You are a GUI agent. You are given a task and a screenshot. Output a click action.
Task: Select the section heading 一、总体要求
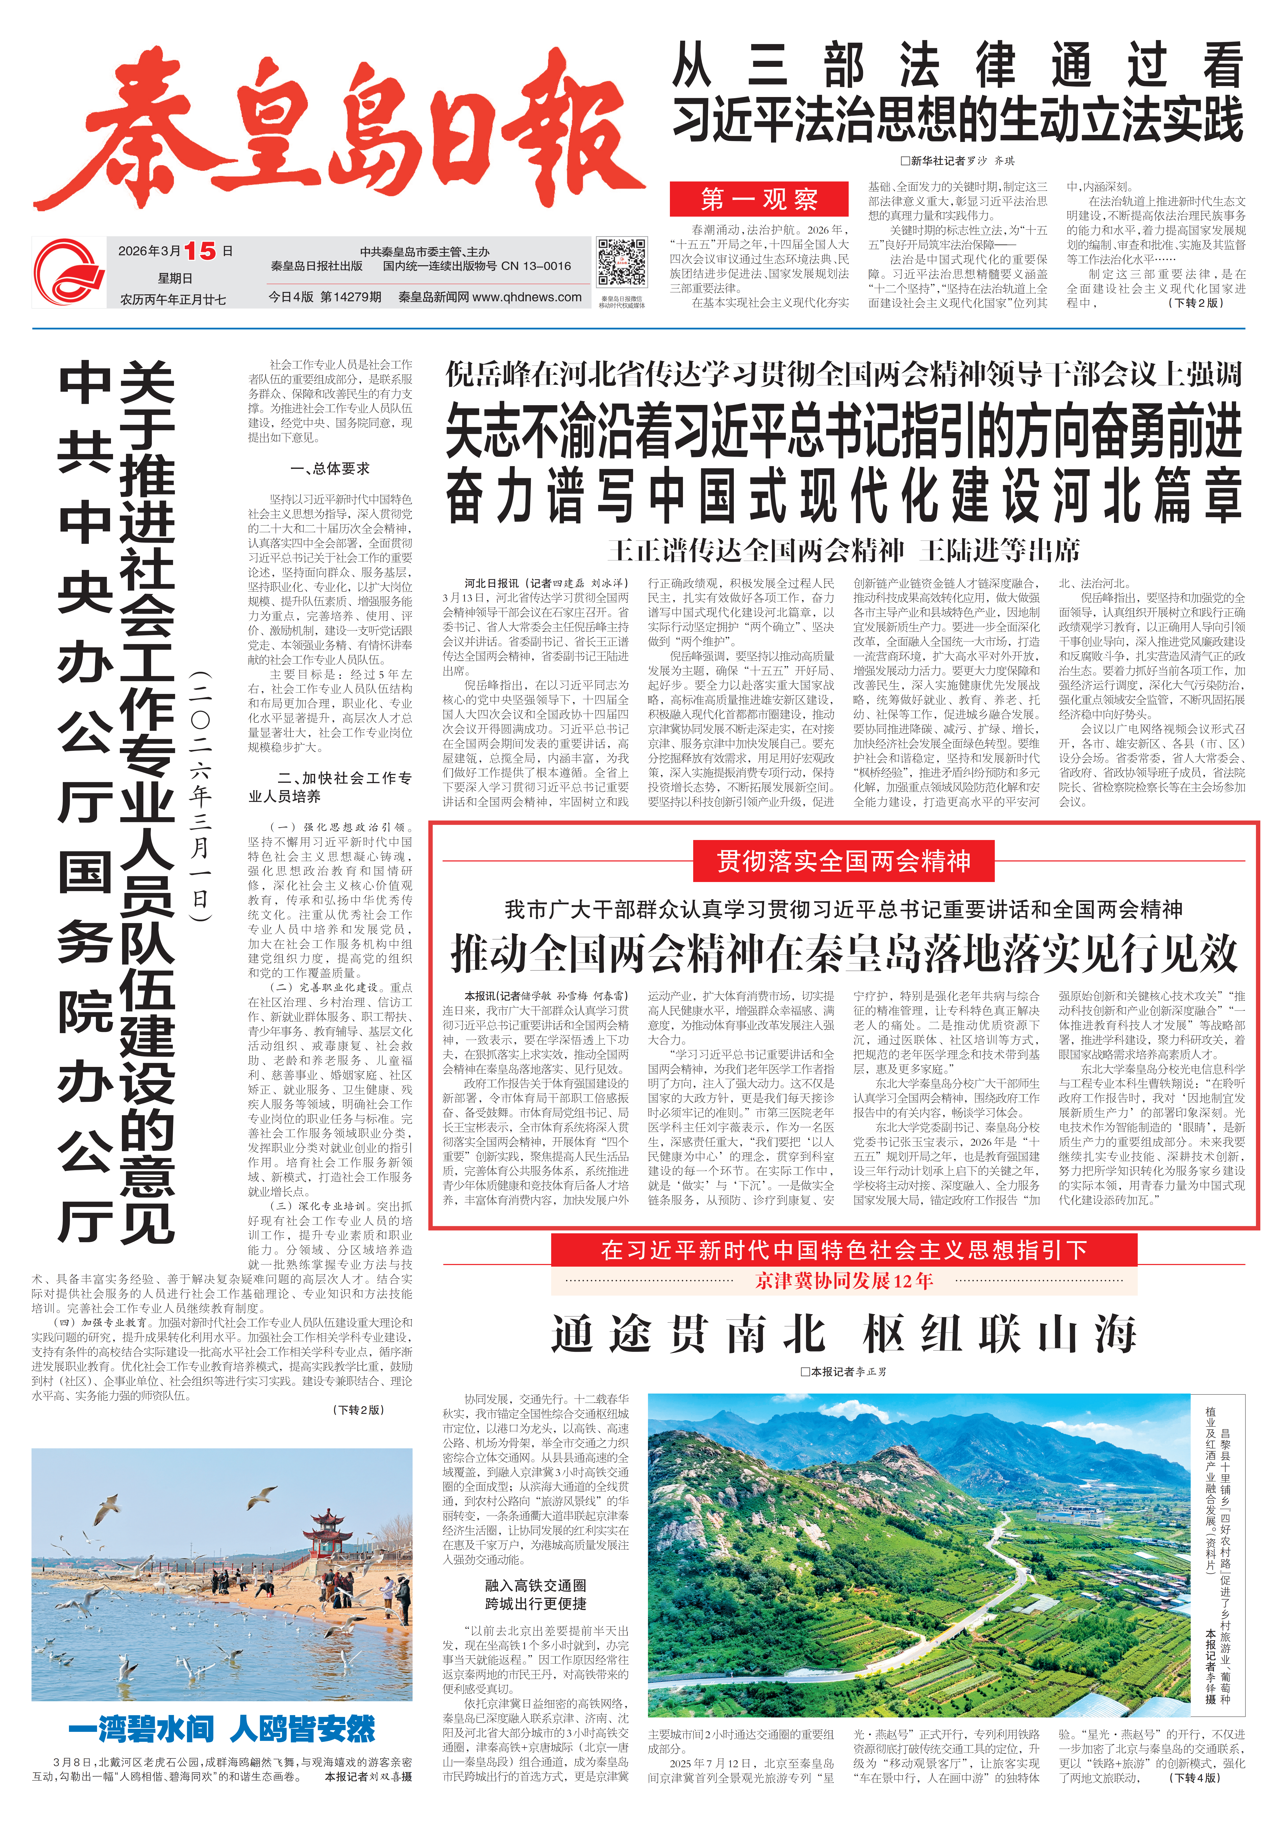[330, 468]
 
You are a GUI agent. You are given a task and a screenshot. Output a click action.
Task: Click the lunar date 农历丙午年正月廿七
[173, 300]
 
